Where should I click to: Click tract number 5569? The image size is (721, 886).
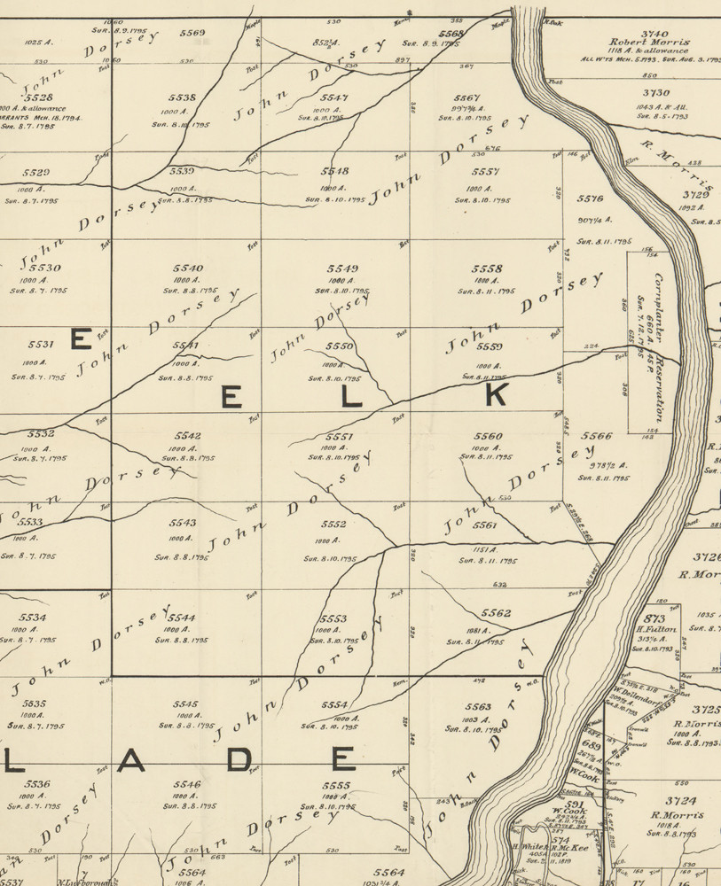coord(192,33)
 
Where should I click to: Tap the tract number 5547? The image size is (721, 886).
coord(334,97)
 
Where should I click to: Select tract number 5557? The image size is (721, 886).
coord(486,172)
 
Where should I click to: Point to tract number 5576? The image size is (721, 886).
coord(591,199)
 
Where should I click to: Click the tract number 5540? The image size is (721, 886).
coord(189,268)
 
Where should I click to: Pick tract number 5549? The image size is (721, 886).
coord(341,268)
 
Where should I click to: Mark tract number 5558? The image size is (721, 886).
coord(487,268)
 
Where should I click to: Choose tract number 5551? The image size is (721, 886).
coord(340,437)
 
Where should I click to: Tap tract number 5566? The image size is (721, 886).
coord(597,436)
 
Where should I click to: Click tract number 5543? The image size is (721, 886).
coord(183,523)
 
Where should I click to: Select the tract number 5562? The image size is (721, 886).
coord(496,613)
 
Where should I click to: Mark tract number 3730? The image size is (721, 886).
coord(656,92)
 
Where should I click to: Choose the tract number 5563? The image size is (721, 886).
coord(478,707)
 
